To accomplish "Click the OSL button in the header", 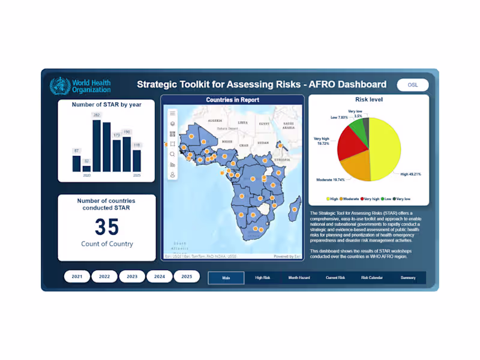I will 413,85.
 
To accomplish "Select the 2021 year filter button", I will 77,277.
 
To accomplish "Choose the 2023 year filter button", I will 132,277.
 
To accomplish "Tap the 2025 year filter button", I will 187,277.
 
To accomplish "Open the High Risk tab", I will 263,278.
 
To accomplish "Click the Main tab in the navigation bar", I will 226,278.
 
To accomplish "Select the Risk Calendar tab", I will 372,278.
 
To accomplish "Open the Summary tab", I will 408,278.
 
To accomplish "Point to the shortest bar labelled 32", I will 86,169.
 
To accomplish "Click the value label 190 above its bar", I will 127,132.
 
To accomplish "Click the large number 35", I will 107,227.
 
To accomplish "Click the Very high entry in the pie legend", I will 370,199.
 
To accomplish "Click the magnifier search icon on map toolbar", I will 173,154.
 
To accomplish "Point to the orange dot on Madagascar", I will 295,209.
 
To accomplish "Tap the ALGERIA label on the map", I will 214,121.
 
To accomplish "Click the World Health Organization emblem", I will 59,86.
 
